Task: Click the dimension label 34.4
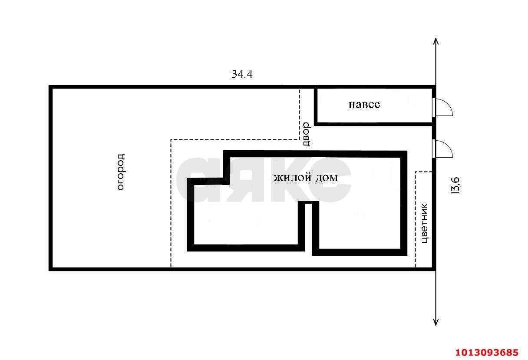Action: click(242, 74)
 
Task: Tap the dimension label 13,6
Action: click(455, 185)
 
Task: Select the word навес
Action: click(364, 105)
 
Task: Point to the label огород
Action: click(121, 172)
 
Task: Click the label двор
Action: click(307, 134)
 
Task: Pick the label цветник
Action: click(424, 223)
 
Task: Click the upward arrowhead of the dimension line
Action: click(436, 41)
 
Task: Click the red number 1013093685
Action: click(487, 352)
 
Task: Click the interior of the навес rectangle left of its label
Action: click(332, 106)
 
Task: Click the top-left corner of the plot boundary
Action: click(50, 87)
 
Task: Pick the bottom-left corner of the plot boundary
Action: click(50, 269)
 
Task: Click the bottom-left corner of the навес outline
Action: click(316, 124)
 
